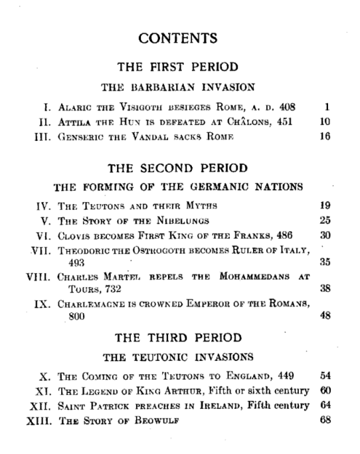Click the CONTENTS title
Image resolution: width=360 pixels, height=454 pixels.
point(178,39)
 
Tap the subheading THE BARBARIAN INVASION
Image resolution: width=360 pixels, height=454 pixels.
point(178,86)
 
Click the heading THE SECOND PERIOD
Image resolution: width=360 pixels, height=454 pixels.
point(178,168)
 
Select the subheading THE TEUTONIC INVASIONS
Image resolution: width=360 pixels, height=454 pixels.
point(178,357)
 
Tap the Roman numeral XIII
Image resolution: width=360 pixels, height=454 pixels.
point(25,419)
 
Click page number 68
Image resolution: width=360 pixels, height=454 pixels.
point(325,419)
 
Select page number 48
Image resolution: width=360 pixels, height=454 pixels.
point(325,316)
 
